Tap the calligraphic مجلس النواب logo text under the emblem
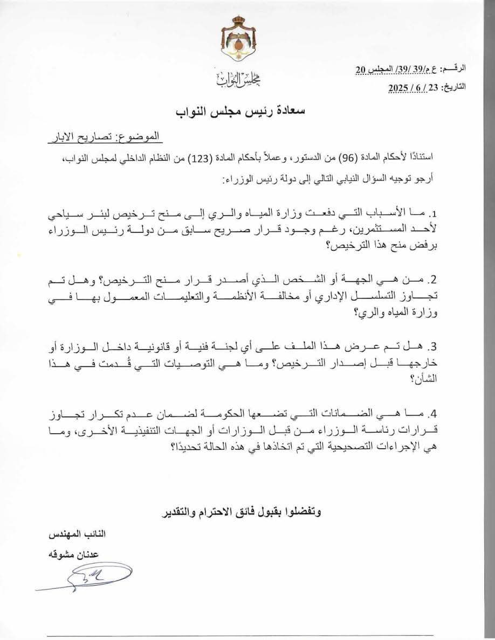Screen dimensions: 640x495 238,81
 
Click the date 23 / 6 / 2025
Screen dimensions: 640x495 415,86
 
